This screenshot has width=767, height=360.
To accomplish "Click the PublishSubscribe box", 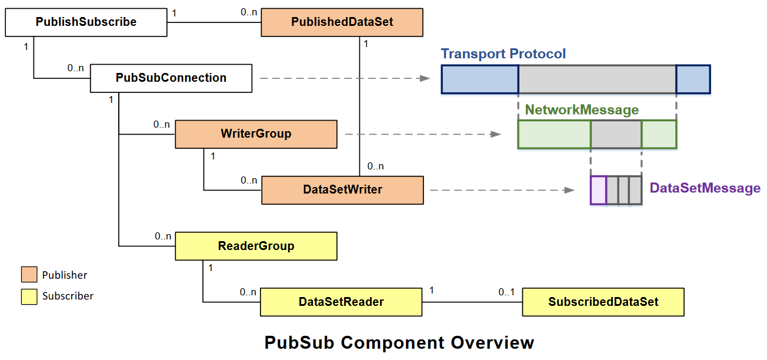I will tap(86, 22).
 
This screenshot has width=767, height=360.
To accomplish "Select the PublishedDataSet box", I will tap(342, 22).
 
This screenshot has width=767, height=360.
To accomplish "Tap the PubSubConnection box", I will tap(171, 78).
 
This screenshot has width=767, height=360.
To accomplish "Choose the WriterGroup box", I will tap(256, 134).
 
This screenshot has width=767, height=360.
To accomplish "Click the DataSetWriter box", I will tap(342, 190).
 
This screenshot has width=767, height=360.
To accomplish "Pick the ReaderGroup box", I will tap(256, 246).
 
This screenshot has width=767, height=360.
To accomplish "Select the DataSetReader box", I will tap(341, 302).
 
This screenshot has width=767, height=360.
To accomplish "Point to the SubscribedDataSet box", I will tap(603, 302).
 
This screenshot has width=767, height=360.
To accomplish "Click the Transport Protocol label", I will tap(503, 54).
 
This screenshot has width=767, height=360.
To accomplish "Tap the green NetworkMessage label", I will tap(581, 110).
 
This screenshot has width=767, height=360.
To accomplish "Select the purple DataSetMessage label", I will tap(705, 188).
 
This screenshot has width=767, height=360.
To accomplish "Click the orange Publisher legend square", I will tap(29, 275).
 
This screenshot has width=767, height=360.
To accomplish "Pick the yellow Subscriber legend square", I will tap(29, 296).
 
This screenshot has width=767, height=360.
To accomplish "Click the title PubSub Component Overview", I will tap(399, 342).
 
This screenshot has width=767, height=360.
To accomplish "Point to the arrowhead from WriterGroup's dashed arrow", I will tap(495, 134).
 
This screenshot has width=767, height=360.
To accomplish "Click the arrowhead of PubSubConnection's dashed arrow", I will tap(426, 78).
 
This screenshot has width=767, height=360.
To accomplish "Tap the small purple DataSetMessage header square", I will tap(598, 190).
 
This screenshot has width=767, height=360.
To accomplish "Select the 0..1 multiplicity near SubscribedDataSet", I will tap(506, 292).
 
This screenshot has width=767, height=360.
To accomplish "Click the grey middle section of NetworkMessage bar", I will tap(616, 134).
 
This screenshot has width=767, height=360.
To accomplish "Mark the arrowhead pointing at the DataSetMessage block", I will tap(569, 190).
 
